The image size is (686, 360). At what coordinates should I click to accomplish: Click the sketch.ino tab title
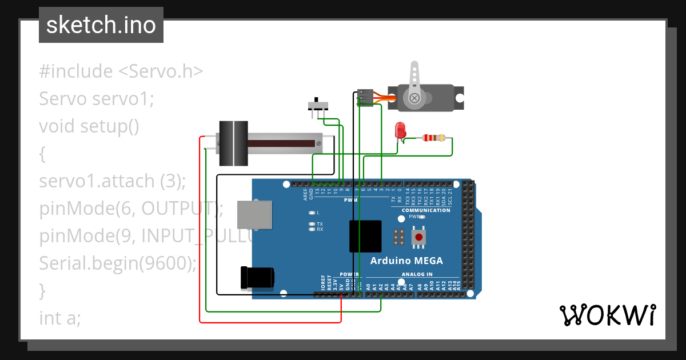[x=101, y=25]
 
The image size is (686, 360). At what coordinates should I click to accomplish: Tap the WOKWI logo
[x=607, y=315]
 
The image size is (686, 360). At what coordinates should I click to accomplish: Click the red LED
[x=400, y=131]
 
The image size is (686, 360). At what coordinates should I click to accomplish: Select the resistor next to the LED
[x=434, y=138]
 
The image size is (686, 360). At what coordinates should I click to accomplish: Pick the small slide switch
[x=318, y=106]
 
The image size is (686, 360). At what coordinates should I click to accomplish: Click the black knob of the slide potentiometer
[x=233, y=143]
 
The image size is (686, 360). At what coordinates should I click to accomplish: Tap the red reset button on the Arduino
[x=419, y=237]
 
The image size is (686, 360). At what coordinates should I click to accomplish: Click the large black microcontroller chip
[x=365, y=236]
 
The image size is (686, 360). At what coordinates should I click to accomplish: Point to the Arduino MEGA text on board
[x=406, y=261]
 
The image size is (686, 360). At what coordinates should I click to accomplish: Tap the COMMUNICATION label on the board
[x=426, y=210]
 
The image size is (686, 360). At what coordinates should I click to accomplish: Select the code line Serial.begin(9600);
[x=118, y=263]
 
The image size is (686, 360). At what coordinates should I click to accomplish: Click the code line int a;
[x=60, y=318]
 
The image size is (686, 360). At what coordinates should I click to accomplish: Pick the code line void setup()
[x=89, y=126]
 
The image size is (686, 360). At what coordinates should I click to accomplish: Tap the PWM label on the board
[x=350, y=201]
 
